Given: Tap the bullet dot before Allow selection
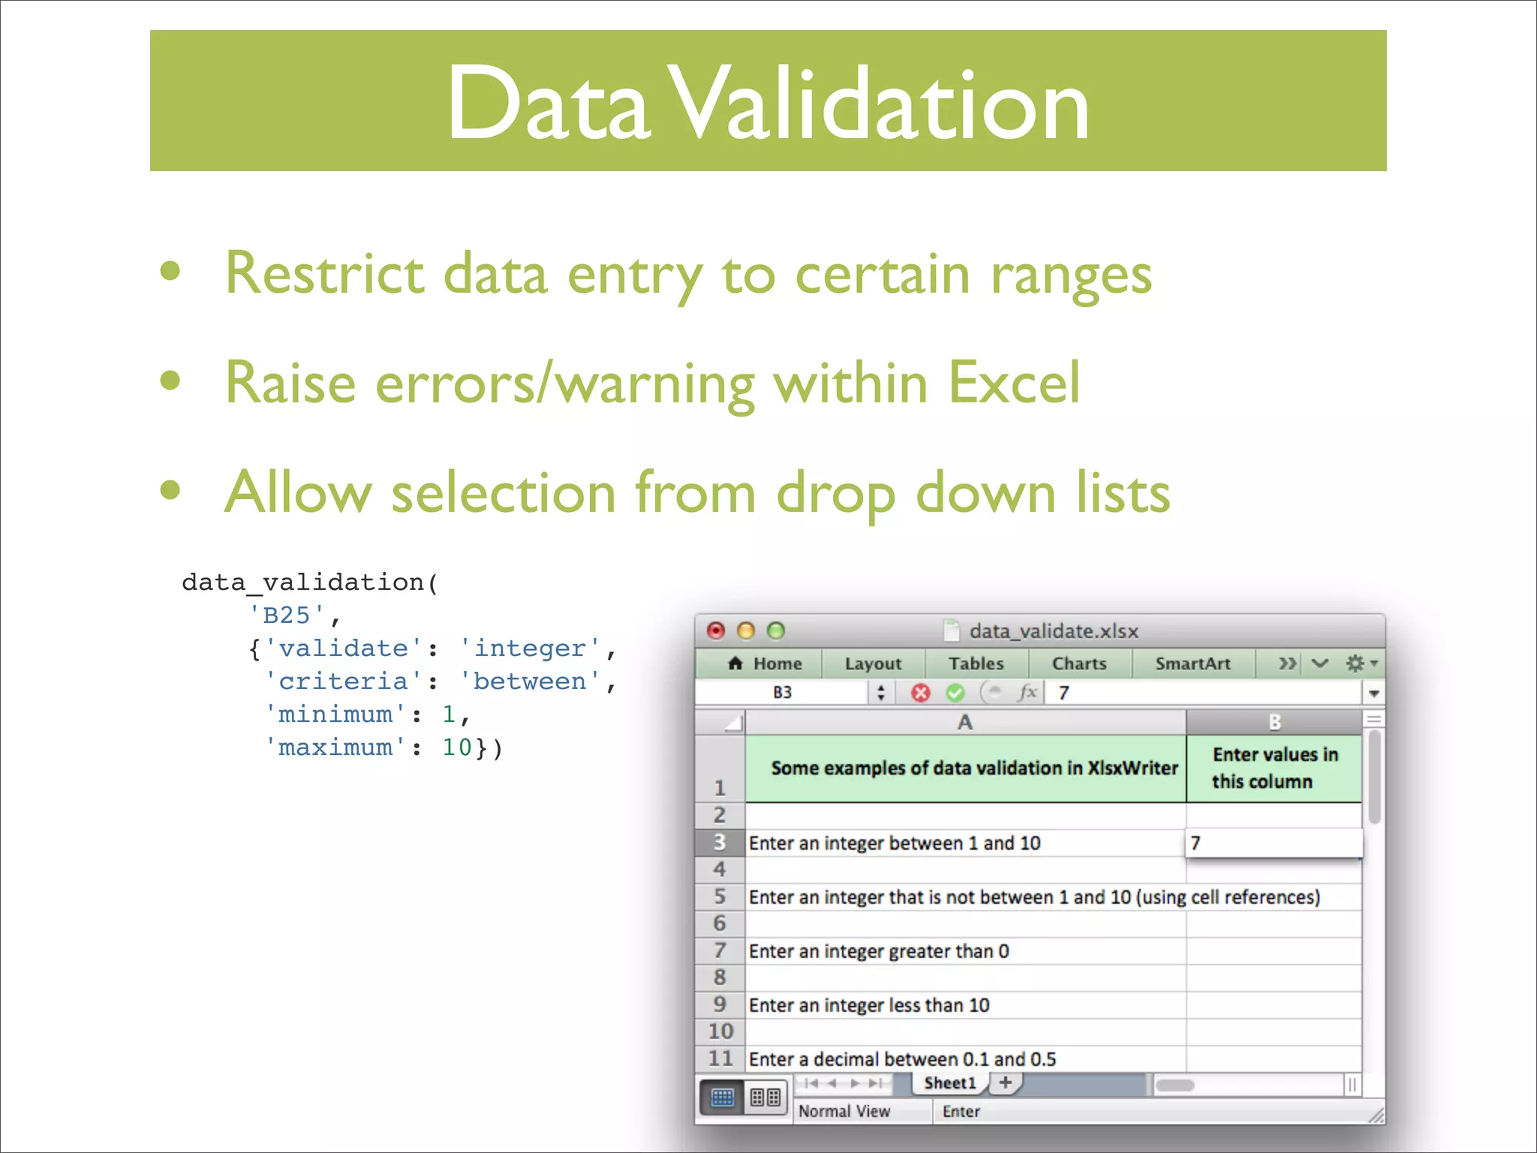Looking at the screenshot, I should pyautogui.click(x=171, y=490).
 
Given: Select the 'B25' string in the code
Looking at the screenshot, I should pyautogui.click(x=287, y=616).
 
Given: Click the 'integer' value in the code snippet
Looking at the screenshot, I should pyautogui.click(x=530, y=649).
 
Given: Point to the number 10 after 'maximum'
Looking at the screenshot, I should pyautogui.click(x=456, y=748).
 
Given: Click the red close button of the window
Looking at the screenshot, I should pyautogui.click(x=716, y=631).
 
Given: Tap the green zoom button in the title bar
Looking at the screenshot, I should pyautogui.click(x=776, y=631).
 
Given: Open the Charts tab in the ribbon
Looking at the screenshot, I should pyautogui.click(x=1078, y=664).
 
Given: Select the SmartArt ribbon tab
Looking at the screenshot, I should pyautogui.click(x=1193, y=664).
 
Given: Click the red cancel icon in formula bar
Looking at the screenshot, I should pyautogui.click(x=921, y=692).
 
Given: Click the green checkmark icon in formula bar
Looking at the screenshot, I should pyautogui.click(x=955, y=692).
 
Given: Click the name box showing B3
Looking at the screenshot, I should pyautogui.click(x=782, y=692).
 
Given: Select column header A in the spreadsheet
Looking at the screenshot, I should pyautogui.click(x=964, y=722).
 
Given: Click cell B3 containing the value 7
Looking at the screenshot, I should pyautogui.click(x=1274, y=843).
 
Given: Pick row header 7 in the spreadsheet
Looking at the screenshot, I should pyautogui.click(x=720, y=951).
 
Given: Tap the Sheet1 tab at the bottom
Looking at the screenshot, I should pyautogui.click(x=949, y=1083).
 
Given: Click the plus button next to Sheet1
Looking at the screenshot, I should pyautogui.click(x=1006, y=1082).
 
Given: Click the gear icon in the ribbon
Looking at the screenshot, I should pyautogui.click(x=1355, y=664).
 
